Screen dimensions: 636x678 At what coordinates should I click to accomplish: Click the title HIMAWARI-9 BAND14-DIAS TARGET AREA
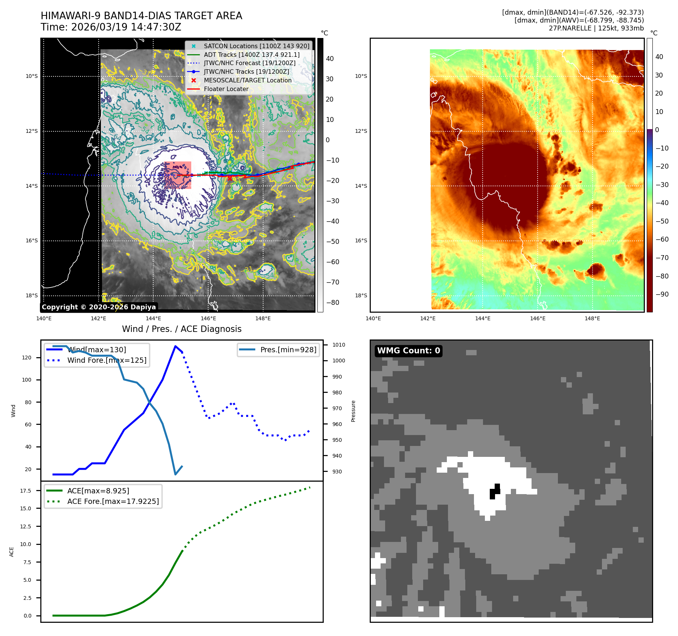click(141, 16)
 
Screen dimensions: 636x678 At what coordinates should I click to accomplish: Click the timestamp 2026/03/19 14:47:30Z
click(126, 27)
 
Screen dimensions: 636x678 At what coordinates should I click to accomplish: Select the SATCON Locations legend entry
click(256, 46)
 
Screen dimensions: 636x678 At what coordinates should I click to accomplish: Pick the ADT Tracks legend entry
click(251, 55)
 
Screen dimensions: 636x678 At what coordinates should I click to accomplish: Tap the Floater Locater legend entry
click(226, 89)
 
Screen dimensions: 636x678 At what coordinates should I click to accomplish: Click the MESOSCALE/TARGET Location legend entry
click(247, 80)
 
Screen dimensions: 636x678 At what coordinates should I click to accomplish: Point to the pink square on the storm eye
click(178, 175)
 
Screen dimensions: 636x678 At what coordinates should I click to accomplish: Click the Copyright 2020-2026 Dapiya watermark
click(99, 307)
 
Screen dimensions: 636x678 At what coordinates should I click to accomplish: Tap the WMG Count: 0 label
click(408, 351)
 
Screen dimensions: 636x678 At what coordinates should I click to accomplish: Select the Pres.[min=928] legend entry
click(288, 350)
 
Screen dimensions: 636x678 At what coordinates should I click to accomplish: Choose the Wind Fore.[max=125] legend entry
click(107, 360)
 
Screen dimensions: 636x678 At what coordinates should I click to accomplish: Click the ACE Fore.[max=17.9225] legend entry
click(113, 501)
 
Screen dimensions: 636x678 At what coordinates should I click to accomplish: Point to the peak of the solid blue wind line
click(175, 346)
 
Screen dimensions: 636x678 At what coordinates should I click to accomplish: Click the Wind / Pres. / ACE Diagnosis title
click(182, 329)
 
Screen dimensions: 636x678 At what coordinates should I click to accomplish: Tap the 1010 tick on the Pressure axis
click(338, 345)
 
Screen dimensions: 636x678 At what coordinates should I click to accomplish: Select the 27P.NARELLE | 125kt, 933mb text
click(596, 28)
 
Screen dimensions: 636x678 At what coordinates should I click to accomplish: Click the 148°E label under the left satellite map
click(263, 318)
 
